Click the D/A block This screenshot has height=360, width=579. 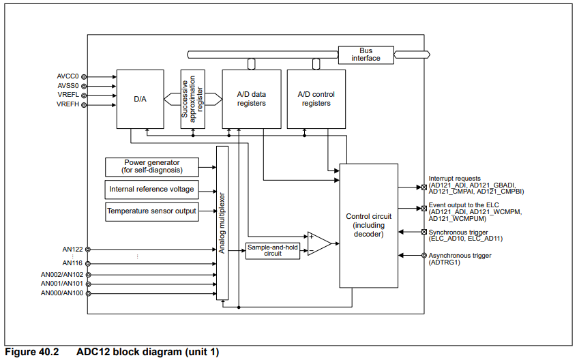(x=140, y=99)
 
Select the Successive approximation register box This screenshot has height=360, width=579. (x=192, y=99)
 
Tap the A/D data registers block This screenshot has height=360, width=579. (x=251, y=99)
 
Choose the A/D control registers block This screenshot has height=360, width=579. (x=316, y=99)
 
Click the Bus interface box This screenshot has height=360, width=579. (x=366, y=55)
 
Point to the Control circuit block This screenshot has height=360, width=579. (x=369, y=225)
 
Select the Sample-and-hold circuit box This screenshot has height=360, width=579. (x=273, y=250)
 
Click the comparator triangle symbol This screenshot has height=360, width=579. (x=318, y=243)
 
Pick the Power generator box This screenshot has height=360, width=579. (x=152, y=166)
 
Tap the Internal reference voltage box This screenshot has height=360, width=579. (x=152, y=189)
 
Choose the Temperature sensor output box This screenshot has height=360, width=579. (x=152, y=211)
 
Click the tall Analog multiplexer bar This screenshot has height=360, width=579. (x=222, y=222)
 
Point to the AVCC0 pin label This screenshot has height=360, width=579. (x=68, y=76)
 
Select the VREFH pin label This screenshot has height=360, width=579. (x=68, y=104)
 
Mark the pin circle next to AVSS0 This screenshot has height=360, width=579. (x=85, y=86)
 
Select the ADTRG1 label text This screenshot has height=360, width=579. (x=444, y=262)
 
